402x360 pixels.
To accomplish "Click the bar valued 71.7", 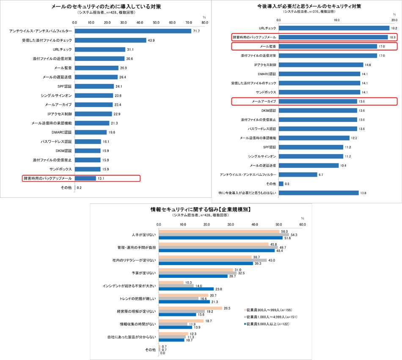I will [133, 31].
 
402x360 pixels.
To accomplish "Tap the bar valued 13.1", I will [85, 178].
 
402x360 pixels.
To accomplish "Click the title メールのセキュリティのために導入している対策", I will [106, 7].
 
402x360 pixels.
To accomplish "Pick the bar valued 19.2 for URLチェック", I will [334, 28].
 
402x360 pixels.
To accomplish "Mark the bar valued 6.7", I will [298, 174].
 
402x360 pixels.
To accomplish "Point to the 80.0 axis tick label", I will [204, 22].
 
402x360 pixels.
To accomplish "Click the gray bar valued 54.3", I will [224, 235].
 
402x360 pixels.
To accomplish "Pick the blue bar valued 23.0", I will [186, 289].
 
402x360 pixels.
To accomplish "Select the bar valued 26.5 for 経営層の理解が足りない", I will [190, 308].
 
